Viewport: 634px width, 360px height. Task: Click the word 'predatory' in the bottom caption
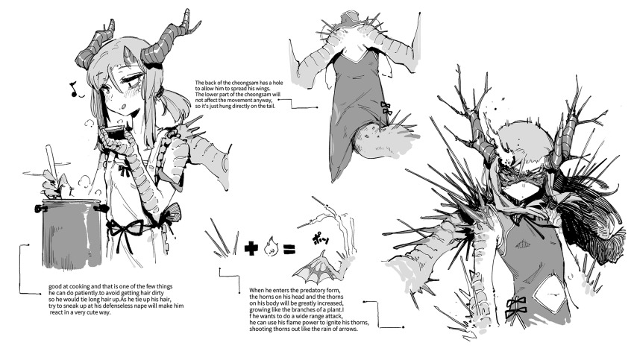click(x=307, y=290)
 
